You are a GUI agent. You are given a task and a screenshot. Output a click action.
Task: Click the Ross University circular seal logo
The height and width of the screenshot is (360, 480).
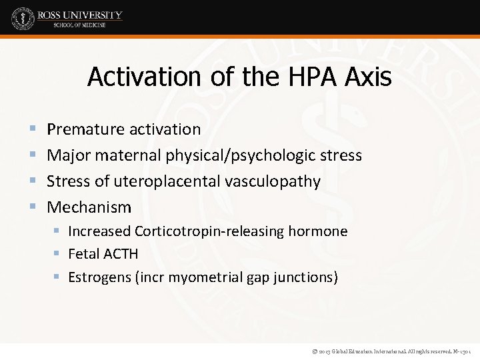click(23, 18)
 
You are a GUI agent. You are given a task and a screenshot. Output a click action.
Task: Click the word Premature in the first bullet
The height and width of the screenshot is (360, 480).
click(85, 129)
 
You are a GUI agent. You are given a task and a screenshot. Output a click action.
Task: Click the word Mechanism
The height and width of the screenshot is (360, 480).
click(89, 207)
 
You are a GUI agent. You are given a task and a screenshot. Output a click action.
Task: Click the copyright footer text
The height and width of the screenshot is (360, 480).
click(386, 351)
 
